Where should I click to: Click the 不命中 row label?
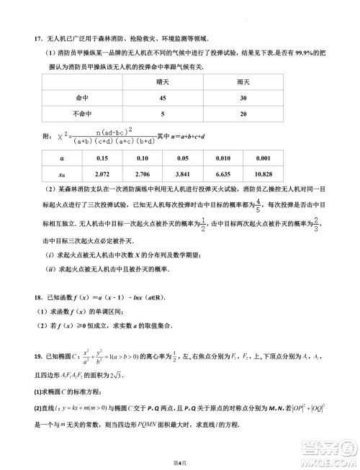[74, 114]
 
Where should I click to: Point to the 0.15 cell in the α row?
[102, 158]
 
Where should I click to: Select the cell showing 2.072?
[102, 174]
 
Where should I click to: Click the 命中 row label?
[74, 98]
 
